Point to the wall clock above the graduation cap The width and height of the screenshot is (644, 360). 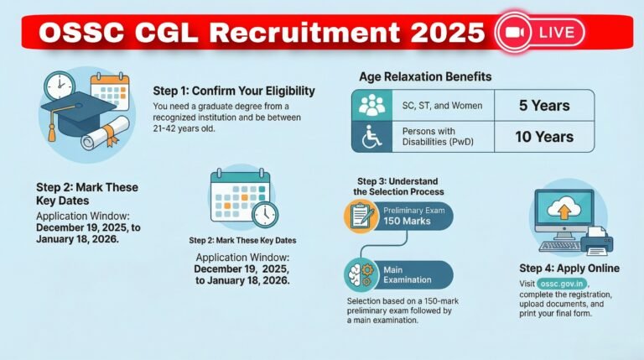point(60,86)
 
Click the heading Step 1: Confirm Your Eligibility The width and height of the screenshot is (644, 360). point(233,91)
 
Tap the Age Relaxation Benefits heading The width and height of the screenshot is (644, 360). point(425,76)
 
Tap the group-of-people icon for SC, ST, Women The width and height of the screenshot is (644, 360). point(371,106)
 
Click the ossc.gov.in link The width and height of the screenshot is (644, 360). point(559,284)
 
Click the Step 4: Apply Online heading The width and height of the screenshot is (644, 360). point(570,269)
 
